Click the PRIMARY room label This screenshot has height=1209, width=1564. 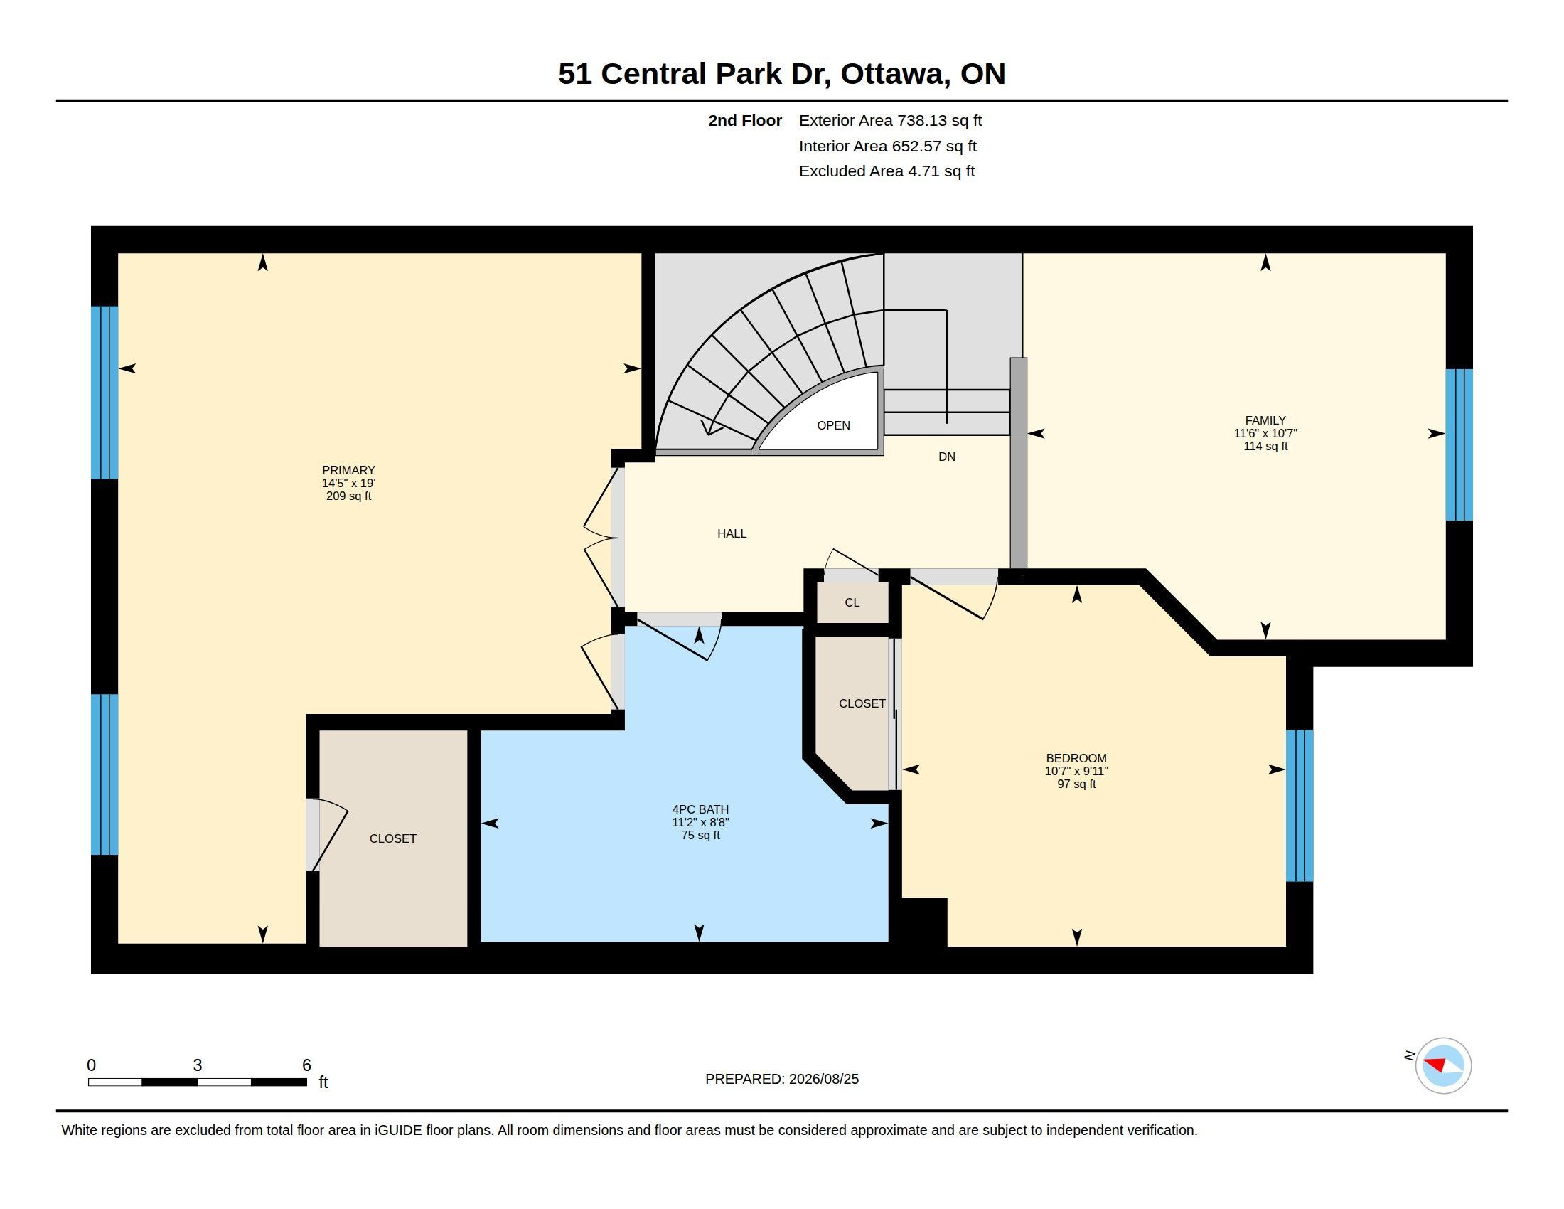click(348, 471)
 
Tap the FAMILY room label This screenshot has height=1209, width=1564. click(1265, 420)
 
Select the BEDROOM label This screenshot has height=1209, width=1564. click(1076, 758)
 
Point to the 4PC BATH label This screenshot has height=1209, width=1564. click(700, 809)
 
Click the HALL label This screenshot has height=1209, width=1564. click(732, 533)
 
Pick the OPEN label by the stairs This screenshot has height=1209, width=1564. click(834, 425)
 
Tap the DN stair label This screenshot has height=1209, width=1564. click(947, 457)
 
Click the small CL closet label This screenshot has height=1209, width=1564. click(852, 603)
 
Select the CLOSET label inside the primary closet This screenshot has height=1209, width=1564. click(392, 838)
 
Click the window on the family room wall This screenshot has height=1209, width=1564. click(1459, 444)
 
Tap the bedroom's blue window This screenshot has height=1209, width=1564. click(1300, 806)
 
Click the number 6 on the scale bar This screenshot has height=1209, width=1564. click(306, 1065)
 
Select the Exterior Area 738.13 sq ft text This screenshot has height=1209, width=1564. click(890, 121)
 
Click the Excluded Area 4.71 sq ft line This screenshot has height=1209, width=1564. click(887, 171)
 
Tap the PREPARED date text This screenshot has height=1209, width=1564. click(782, 1080)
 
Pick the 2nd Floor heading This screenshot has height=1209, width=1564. click(745, 121)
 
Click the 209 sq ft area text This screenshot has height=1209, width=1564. click(348, 496)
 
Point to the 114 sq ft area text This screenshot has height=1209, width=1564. click(1265, 446)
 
